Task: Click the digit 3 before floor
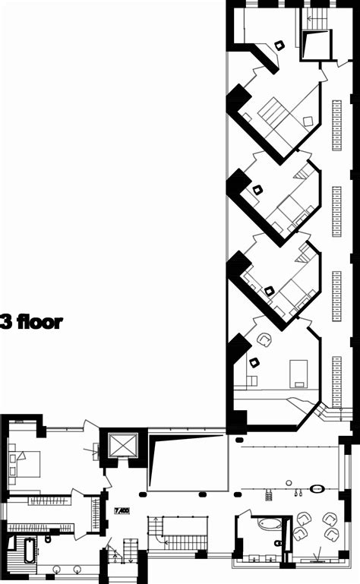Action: click(5, 321)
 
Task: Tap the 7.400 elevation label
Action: click(120, 511)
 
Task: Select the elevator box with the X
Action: click(122, 445)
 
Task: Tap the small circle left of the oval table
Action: click(289, 481)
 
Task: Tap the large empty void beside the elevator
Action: click(190, 464)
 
